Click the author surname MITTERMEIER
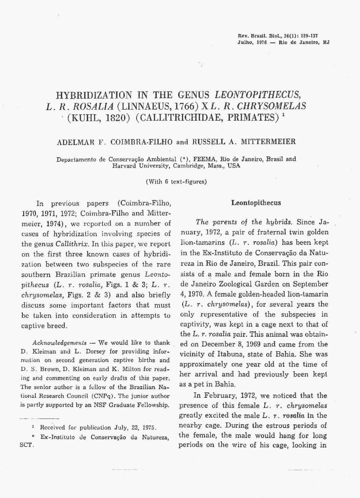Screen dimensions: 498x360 pos(268,142)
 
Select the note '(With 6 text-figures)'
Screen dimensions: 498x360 pos(176,182)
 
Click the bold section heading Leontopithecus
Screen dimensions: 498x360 pos(256,203)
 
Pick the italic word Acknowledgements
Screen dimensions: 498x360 pos(59,343)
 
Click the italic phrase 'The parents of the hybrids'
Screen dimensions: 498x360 pos(244,222)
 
